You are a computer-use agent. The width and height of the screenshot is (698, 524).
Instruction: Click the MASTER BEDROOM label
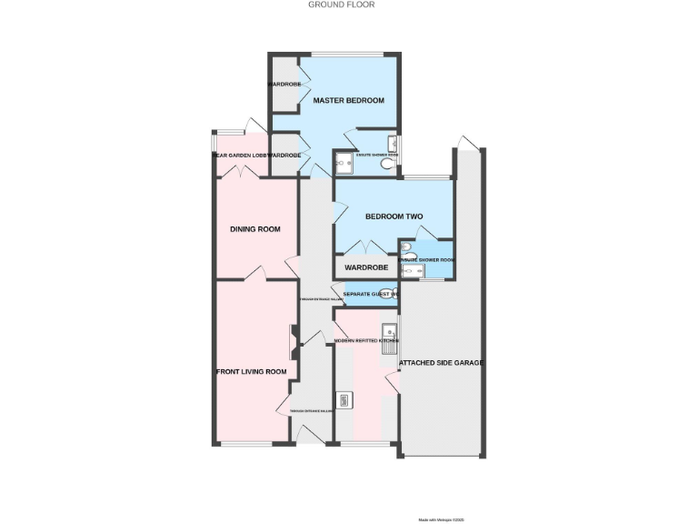tap(348, 100)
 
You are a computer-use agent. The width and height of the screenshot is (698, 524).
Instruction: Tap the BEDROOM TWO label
tap(394, 217)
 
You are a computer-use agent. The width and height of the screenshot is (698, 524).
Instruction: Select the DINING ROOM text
tap(254, 229)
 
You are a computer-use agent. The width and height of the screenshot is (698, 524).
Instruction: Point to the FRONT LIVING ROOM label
tap(251, 371)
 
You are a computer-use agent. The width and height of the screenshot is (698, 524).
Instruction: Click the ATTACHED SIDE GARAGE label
tap(441, 362)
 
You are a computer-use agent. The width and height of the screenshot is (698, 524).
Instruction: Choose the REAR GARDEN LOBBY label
tap(240, 156)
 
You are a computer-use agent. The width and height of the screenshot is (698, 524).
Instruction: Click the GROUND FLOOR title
tap(341, 5)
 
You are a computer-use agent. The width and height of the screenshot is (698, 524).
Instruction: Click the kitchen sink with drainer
tap(390, 338)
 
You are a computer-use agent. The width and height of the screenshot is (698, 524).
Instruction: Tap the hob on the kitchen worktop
tap(344, 399)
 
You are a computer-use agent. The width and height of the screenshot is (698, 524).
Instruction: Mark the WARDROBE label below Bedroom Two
tap(366, 267)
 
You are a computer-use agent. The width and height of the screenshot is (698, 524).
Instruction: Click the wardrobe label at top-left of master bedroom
tap(284, 84)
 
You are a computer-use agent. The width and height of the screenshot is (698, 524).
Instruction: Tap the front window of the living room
tap(246, 444)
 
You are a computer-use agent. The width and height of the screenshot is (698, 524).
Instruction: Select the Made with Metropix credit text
tap(441, 520)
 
